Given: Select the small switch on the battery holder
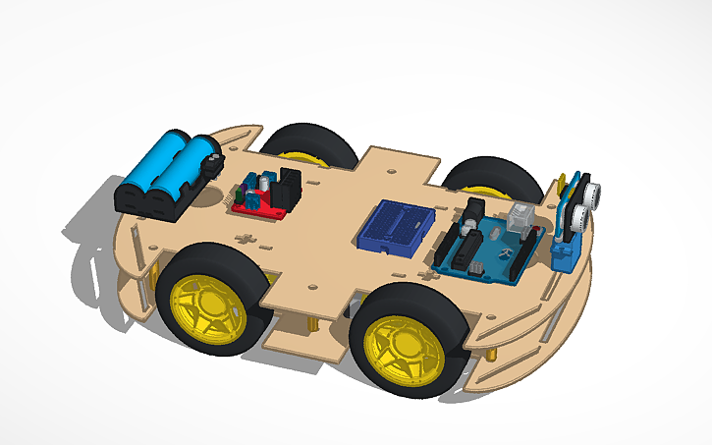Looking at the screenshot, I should tap(210, 156).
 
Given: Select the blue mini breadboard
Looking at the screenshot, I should tap(396, 229).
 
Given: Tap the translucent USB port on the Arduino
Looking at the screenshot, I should tap(520, 219).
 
